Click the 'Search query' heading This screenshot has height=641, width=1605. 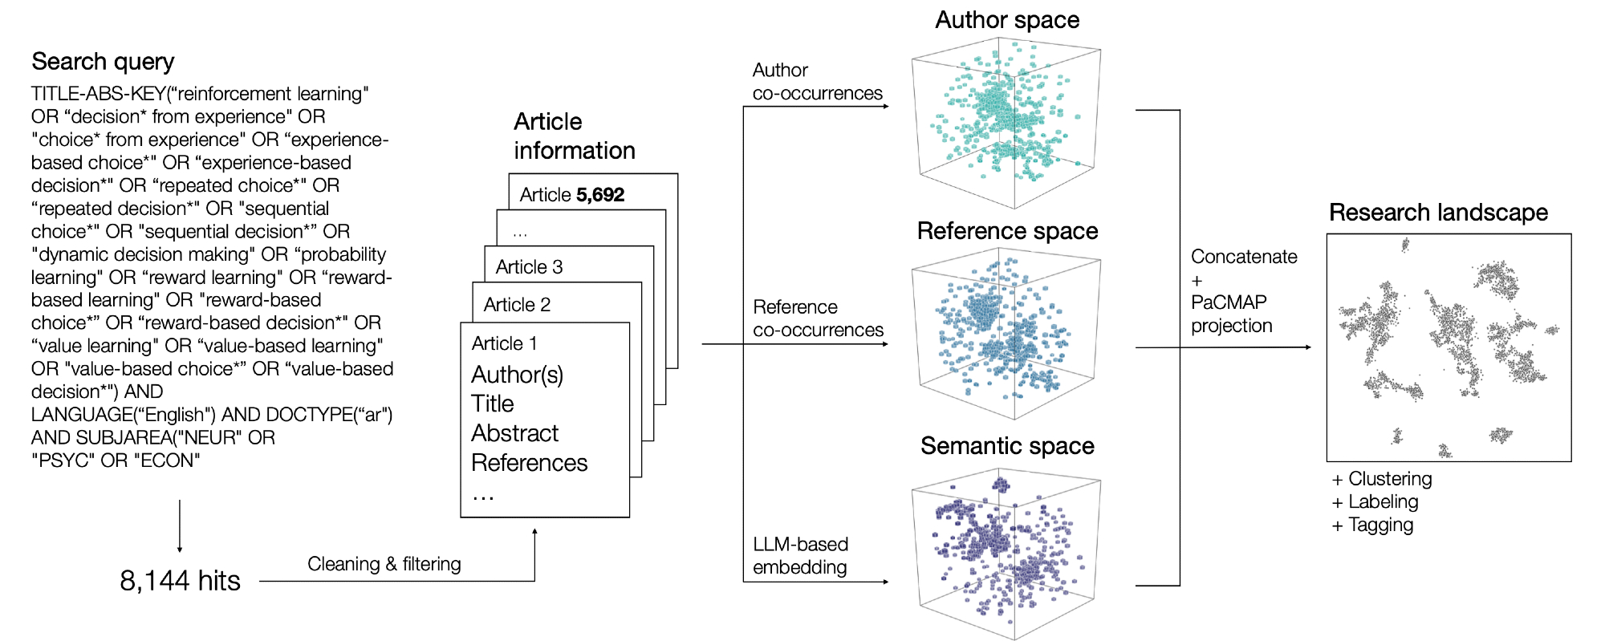click(x=103, y=62)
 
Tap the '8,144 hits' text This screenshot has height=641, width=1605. click(x=180, y=580)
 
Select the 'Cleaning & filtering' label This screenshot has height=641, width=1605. click(x=384, y=564)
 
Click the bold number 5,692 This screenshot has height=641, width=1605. click(x=600, y=195)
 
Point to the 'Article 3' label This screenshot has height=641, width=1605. click(x=529, y=267)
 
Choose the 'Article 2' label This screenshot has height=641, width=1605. click(x=517, y=305)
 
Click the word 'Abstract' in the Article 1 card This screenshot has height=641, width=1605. click(x=514, y=433)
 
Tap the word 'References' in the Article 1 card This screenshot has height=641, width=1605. click(x=529, y=463)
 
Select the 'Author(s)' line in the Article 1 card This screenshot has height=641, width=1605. click(x=517, y=375)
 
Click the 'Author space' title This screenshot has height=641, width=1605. click(x=1007, y=20)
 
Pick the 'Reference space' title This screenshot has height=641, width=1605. click(x=1007, y=231)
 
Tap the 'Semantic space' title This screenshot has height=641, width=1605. click(x=1007, y=445)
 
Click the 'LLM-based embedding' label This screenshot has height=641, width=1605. click(x=800, y=555)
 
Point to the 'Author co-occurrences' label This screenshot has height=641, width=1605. click(x=817, y=82)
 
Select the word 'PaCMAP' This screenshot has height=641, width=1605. click(x=1229, y=302)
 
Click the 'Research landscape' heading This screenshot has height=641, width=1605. click(x=1438, y=213)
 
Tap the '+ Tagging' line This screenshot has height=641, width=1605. click(x=1372, y=525)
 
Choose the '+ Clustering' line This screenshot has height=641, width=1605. click(x=1381, y=479)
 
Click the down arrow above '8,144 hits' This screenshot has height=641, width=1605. click(x=180, y=525)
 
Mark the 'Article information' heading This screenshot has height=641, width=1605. click(x=574, y=136)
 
